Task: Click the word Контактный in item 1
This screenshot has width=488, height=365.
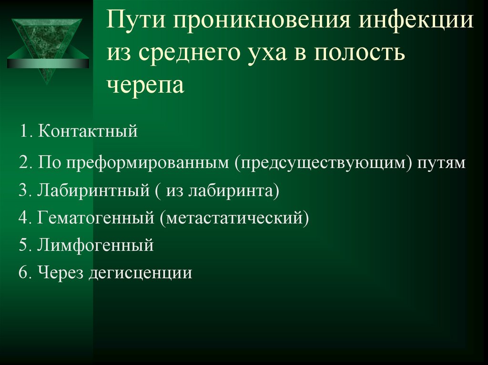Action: [x=88, y=131]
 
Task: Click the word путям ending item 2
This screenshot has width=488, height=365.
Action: [x=441, y=163]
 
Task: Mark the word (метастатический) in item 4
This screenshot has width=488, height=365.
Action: [x=234, y=218]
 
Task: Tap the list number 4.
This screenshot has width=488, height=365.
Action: [x=23, y=218]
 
